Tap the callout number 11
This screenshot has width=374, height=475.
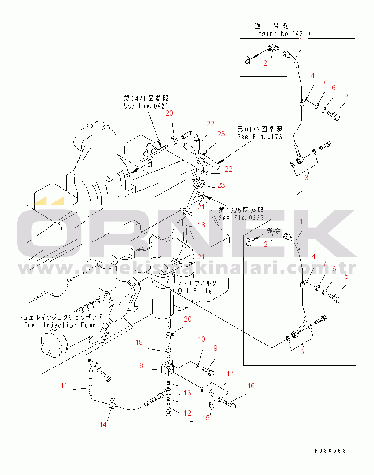64,386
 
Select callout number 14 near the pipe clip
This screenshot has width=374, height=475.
103,424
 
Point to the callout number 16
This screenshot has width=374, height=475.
251,386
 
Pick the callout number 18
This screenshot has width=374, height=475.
201,225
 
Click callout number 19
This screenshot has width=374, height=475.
139,342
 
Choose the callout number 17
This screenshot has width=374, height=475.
230,374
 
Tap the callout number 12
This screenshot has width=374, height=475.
188,413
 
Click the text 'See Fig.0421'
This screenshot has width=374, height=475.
145,106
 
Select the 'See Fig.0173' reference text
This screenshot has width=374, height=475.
259,137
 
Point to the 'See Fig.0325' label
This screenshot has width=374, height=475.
241,218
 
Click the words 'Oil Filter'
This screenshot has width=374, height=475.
197,291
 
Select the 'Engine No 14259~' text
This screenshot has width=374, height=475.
286,33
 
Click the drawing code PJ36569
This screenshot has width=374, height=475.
330,451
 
